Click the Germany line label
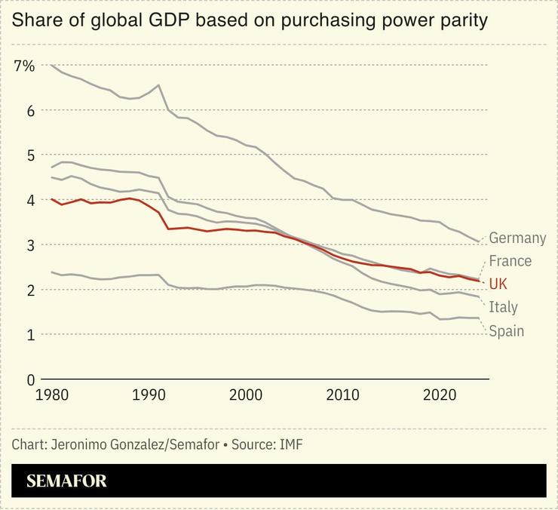tap(517, 238)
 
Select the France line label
tap(510, 261)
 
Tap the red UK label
tap(498, 284)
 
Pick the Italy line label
tap(503, 307)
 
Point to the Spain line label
tap(506, 330)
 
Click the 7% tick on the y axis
tap(24, 66)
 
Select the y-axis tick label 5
tap(30, 155)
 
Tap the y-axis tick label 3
tap(30, 245)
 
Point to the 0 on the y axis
tap(30, 379)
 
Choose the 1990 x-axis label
tap(148, 395)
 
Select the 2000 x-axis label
tap(245, 395)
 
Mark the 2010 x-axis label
tap(343, 395)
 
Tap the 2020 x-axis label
tap(440, 395)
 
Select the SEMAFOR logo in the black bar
tap(66, 481)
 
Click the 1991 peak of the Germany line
tap(158, 85)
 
